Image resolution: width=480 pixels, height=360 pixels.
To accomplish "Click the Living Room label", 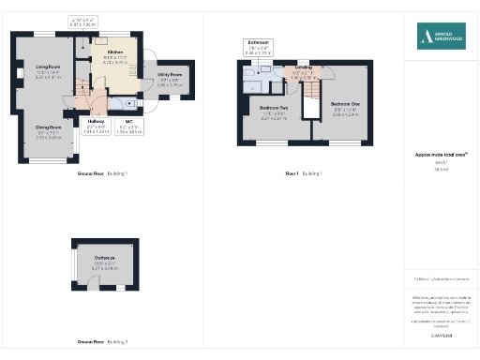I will click(x=49, y=67).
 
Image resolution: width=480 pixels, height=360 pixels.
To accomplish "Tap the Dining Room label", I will click(x=49, y=127).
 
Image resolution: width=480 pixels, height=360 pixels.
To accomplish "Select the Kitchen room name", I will click(x=115, y=52).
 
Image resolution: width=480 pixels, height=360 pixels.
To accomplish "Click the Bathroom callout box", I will click(x=259, y=47).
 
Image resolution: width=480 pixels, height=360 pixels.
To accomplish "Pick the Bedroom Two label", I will click(x=274, y=109).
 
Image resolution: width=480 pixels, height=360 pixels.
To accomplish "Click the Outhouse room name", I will click(x=104, y=258).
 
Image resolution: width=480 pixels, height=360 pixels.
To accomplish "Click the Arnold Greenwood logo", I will click(x=441, y=37).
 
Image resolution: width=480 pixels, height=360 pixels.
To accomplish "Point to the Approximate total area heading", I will click(x=441, y=154).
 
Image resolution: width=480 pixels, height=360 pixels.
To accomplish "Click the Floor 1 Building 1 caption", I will click(x=304, y=173).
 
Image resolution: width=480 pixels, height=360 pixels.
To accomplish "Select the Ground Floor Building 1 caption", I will click(x=102, y=173).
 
